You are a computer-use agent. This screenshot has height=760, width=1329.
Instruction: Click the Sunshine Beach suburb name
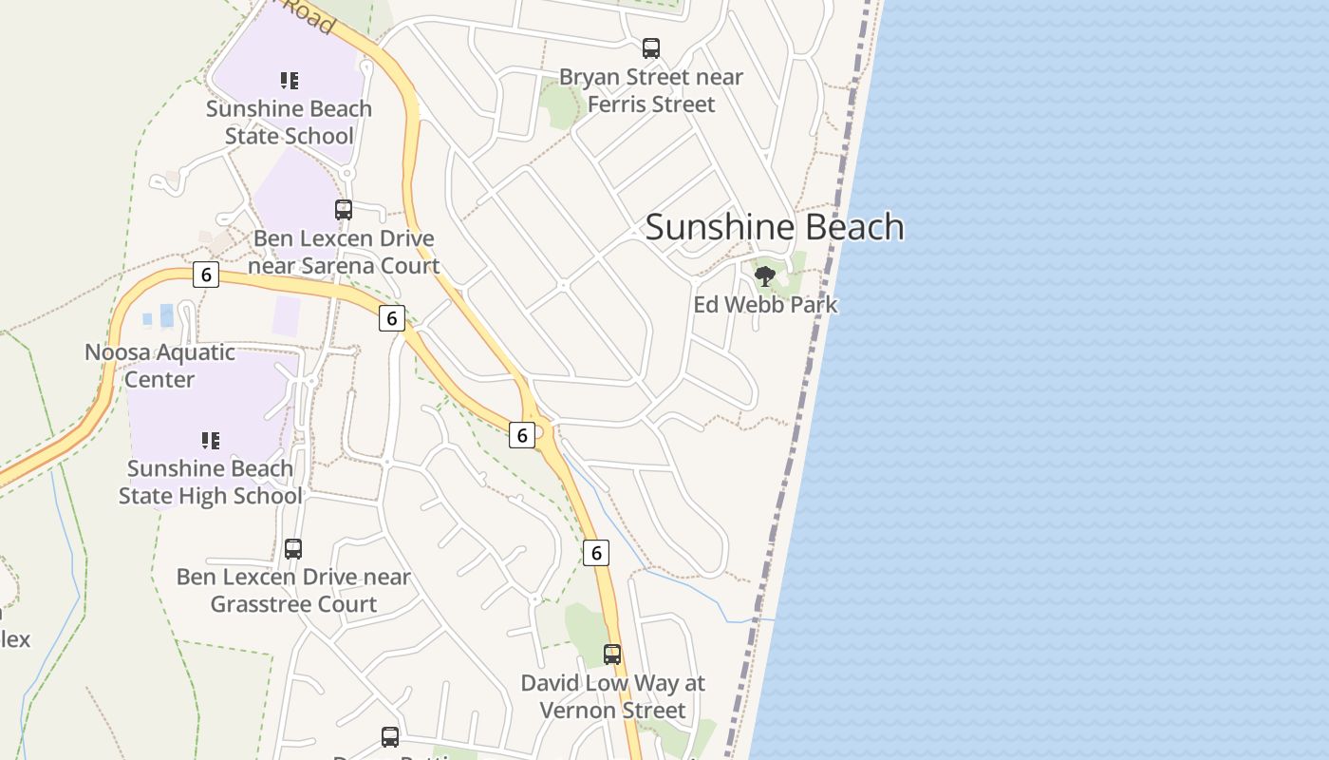coord(774,227)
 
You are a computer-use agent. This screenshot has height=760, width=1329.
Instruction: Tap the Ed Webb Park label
coord(765,305)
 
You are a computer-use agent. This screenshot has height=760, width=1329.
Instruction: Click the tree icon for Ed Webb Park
coord(765,276)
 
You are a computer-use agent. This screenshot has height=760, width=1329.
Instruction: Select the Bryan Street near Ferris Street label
coord(651,90)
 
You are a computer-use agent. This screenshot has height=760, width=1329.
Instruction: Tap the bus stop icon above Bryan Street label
coord(651,48)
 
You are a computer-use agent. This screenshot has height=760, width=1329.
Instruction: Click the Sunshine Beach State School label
coord(289,123)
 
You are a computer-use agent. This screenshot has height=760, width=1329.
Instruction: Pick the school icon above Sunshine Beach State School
coord(290,81)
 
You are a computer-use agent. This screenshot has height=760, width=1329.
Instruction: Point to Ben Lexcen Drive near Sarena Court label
coord(344,252)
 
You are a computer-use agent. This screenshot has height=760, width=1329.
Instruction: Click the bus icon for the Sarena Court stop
coord(344,210)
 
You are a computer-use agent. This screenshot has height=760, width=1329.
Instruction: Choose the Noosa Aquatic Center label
coord(159,366)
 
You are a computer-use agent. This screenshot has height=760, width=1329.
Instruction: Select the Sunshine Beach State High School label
coord(210,482)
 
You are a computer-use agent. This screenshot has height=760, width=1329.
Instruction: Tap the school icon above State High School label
coord(211,440)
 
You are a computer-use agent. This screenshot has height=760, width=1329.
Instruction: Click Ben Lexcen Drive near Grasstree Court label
coord(293,590)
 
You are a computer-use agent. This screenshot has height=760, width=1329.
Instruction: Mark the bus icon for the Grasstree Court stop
coord(293,548)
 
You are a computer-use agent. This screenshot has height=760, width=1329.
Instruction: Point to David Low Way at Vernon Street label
coord(612,696)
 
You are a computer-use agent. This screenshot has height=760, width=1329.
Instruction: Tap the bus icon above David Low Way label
coord(612,655)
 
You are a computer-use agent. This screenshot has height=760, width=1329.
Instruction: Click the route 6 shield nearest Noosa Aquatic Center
coord(205,275)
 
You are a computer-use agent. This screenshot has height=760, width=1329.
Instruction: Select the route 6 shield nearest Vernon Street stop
coord(595,552)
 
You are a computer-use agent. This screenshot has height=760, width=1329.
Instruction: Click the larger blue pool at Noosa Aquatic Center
coord(167,315)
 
